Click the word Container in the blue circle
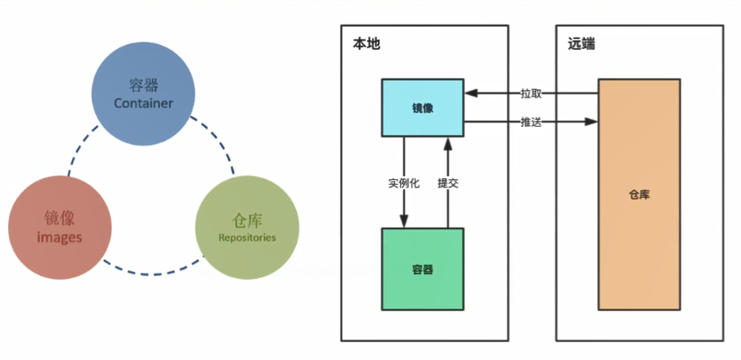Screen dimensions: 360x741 tap(142, 104)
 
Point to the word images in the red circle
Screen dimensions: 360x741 tap(60, 238)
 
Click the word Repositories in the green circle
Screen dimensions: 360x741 tap(247, 237)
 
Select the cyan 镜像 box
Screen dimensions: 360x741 tap(423, 107)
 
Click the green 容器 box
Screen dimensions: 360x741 tap(422, 268)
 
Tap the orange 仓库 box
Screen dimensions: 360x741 tap(640, 195)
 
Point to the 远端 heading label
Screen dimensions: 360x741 tap(581, 44)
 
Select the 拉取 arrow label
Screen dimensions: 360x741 tap(531, 93)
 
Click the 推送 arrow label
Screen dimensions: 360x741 tap(531, 123)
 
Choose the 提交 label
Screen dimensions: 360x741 tap(448, 183)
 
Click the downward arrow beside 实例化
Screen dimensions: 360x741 tap(403, 205)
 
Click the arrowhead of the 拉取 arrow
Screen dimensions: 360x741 tap(471, 93)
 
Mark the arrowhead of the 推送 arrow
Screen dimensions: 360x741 tap(591, 123)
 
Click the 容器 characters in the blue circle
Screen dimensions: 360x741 tap(142, 84)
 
